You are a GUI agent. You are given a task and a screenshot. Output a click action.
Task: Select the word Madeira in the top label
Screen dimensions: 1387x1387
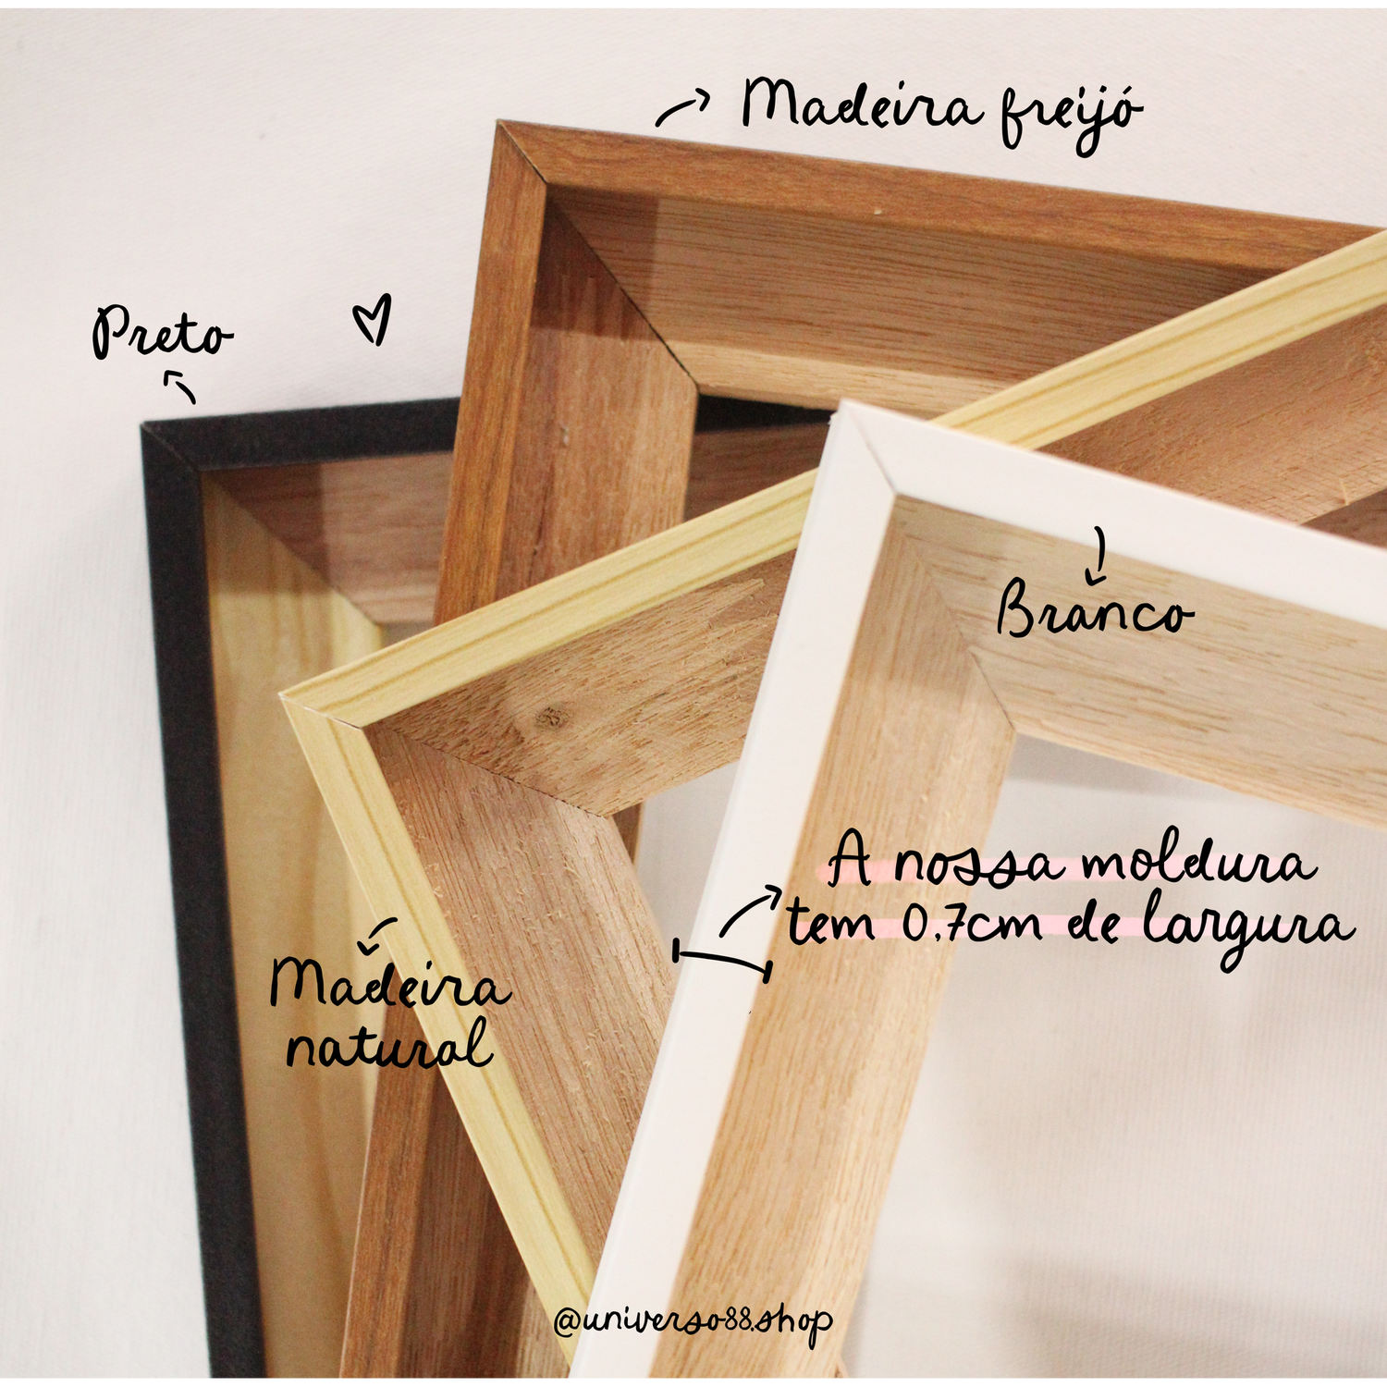[861, 104]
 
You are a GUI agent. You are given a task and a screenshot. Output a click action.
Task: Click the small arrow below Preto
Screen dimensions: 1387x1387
[181, 386]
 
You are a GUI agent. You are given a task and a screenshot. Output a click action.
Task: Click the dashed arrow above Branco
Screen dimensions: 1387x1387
[1098, 556]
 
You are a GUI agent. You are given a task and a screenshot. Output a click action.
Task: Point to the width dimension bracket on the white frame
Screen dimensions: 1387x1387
[723, 959]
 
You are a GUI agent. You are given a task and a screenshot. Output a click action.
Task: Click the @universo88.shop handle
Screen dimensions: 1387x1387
[693, 1320]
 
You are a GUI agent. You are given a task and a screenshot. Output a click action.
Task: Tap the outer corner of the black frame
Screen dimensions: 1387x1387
[142, 426]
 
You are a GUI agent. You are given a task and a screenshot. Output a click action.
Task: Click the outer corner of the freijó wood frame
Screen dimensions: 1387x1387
[499, 122]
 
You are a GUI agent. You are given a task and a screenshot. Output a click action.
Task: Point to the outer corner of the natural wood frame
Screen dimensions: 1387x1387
[282, 694]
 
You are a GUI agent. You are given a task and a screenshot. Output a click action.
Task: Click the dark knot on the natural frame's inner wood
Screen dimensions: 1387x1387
[550, 715]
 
